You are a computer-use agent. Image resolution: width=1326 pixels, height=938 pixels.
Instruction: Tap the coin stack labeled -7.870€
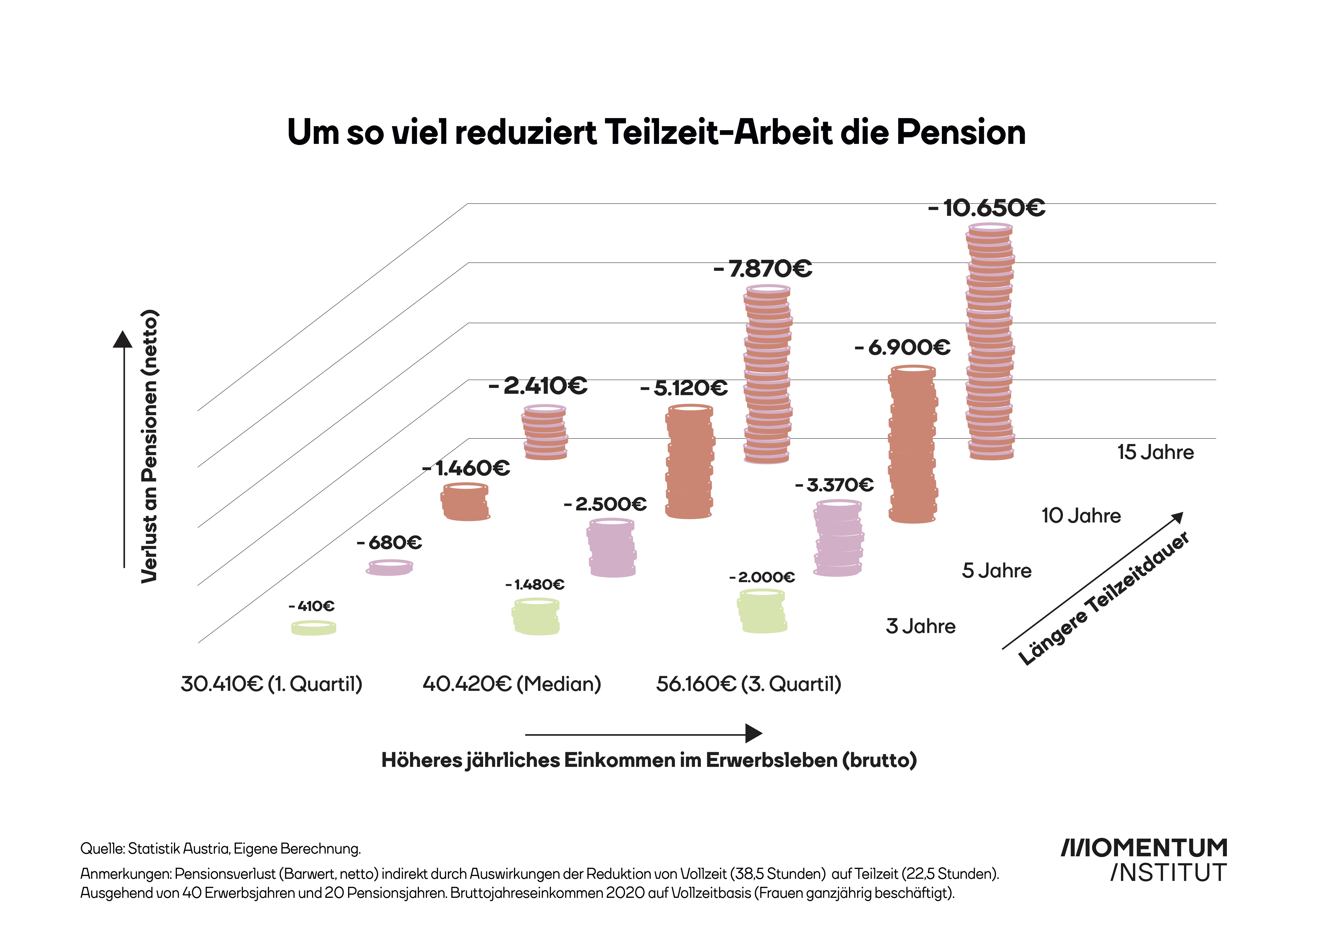[767, 376]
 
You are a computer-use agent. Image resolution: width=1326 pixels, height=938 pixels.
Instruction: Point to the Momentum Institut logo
[1144, 860]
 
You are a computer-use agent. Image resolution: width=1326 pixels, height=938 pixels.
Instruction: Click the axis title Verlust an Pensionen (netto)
[149, 446]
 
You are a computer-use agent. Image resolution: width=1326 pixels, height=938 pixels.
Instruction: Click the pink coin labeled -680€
[389, 568]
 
